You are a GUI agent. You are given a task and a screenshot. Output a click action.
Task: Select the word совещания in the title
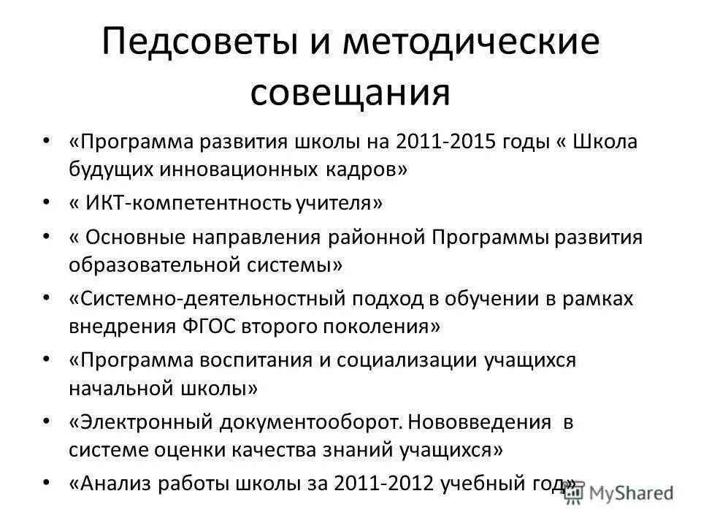350,94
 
